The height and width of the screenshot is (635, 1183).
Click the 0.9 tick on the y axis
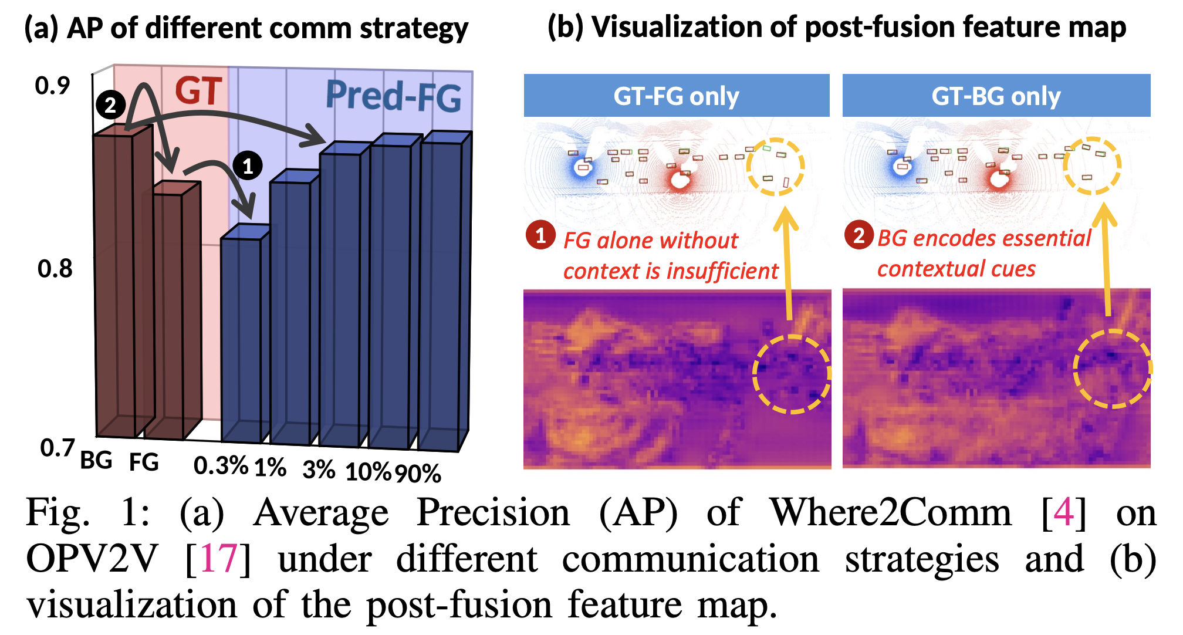tap(52, 86)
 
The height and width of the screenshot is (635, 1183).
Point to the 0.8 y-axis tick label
tap(55, 269)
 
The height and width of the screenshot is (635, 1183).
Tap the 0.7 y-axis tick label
tap(57, 448)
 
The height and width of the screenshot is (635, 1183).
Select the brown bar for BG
tap(116, 282)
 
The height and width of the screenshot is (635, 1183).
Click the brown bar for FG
tap(164, 311)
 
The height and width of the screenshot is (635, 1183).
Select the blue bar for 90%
tap(440, 293)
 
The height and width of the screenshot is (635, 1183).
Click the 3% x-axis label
tap(319, 470)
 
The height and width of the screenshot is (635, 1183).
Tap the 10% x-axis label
tap(368, 472)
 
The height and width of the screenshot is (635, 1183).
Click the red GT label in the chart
tap(198, 92)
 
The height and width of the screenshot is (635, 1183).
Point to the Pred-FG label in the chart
tap(393, 96)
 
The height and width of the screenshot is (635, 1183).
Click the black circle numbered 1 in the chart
tap(248, 166)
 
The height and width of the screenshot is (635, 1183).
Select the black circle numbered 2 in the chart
tap(110, 105)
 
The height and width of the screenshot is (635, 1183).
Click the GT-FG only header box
tap(676, 96)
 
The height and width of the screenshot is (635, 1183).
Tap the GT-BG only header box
tap(996, 96)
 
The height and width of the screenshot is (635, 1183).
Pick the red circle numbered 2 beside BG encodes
tap(858, 235)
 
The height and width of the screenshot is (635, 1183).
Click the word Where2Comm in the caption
tap(891, 513)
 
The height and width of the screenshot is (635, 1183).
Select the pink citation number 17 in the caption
tap(218, 559)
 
